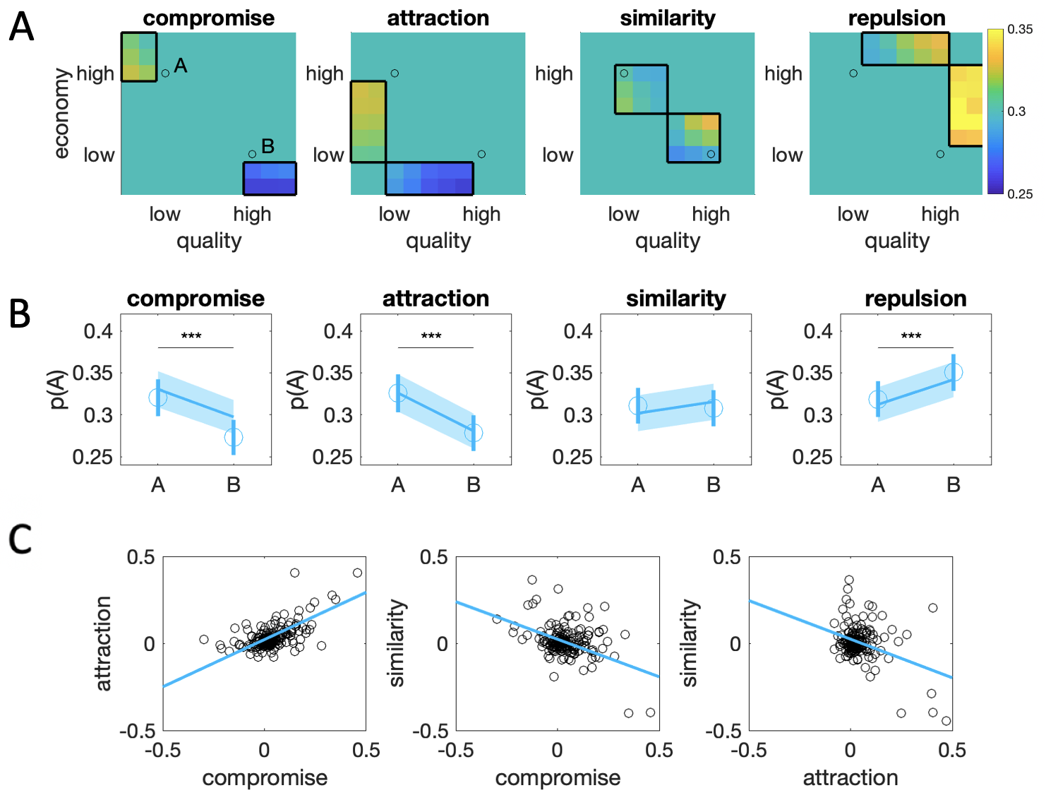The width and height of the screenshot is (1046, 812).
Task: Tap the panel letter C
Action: point(20,539)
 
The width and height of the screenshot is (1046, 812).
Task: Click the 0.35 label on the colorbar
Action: point(1020,29)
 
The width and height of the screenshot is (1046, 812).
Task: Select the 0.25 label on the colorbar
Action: point(1020,194)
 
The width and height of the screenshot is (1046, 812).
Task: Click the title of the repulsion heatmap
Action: point(896,18)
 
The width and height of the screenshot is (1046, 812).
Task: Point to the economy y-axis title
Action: point(61,113)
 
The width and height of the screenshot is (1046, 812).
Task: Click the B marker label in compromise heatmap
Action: point(267,146)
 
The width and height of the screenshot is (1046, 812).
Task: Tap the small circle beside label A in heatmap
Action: point(165,73)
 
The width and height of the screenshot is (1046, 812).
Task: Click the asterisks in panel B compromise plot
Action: point(191,336)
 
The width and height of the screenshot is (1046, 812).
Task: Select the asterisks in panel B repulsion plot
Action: point(911,336)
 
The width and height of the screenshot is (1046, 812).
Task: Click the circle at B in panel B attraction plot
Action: point(474,434)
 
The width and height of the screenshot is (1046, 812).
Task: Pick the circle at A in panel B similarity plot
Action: point(638,405)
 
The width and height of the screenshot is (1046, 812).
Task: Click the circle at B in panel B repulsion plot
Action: point(954,372)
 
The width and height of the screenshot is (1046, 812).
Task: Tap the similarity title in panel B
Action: point(675,299)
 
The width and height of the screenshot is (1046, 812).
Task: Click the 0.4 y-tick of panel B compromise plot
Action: point(97,330)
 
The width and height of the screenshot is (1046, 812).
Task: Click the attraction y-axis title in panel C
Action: point(104,643)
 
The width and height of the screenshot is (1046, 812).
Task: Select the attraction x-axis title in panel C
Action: point(850,777)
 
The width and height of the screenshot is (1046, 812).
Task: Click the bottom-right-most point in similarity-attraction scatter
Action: point(946,721)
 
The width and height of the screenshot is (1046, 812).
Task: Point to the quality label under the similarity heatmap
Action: point(668,241)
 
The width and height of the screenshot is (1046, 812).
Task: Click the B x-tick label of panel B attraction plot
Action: point(474,484)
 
